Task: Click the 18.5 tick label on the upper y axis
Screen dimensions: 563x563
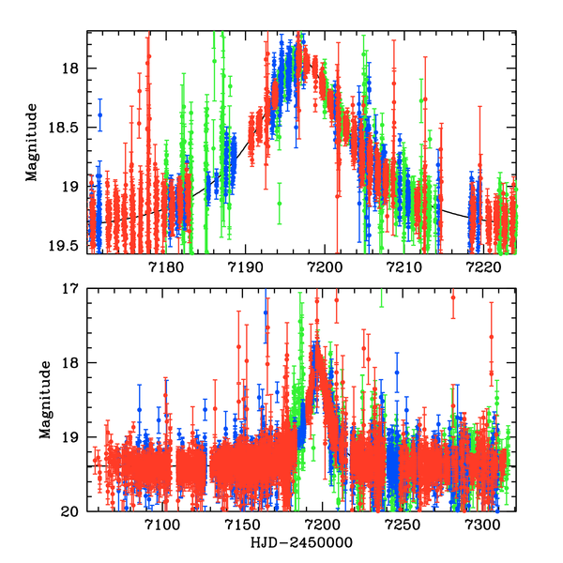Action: click(x=68, y=128)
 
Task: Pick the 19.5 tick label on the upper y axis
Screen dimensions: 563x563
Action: click(x=68, y=246)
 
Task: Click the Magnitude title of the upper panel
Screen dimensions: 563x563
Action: click(x=33, y=143)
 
